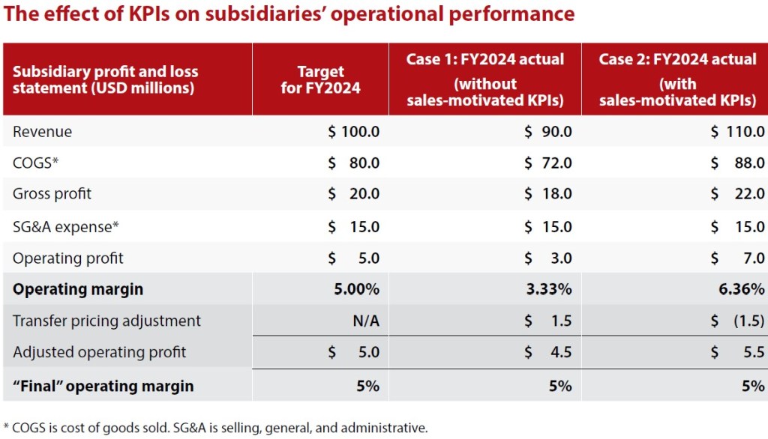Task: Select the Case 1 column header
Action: [x=484, y=79]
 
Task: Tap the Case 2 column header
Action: [x=677, y=79]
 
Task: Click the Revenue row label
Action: [x=43, y=132]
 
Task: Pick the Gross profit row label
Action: [x=52, y=193]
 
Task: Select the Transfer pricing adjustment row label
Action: [x=106, y=321]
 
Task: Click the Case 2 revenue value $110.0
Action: [x=737, y=132]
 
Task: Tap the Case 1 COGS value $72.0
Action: [x=547, y=163]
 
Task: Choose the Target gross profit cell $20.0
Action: [x=354, y=193]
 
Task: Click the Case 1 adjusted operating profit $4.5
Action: [x=547, y=352]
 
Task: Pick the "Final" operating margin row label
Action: [x=103, y=387]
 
